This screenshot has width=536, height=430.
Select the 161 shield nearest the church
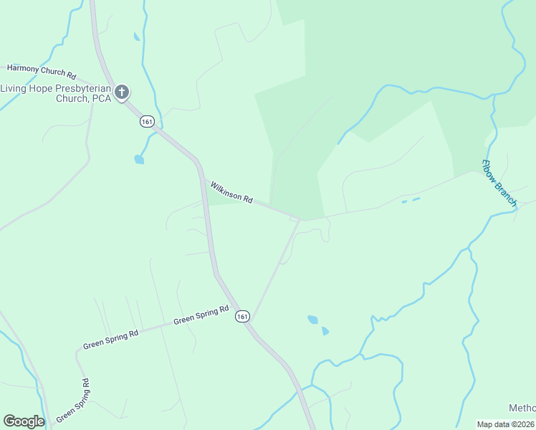pyautogui.click(x=147, y=122)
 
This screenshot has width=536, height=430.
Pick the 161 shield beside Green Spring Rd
pyautogui.click(x=242, y=316)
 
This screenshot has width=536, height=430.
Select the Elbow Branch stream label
pyautogui.click(x=498, y=183)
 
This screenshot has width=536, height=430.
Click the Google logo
pyautogui.click(x=24, y=421)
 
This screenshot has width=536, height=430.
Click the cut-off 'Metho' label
pyautogui.click(x=522, y=408)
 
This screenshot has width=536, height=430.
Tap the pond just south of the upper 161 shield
pyautogui.click(x=138, y=159)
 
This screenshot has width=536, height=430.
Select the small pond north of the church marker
pyautogui.click(x=136, y=36)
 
